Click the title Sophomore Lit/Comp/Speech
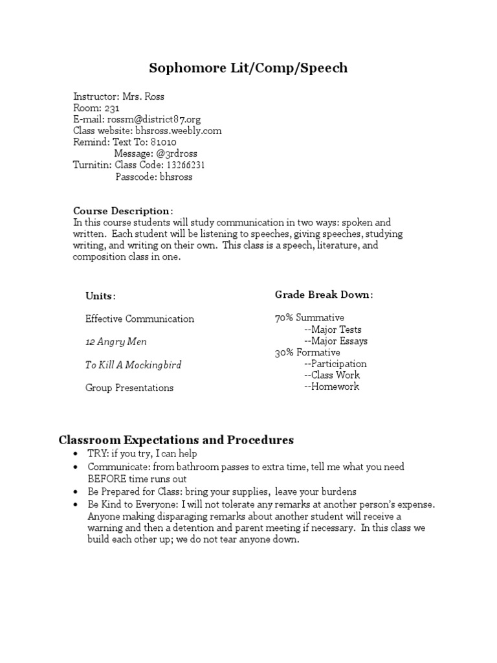coord(248,68)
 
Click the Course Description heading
coord(122,211)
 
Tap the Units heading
coord(101,296)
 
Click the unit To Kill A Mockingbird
coord(133,365)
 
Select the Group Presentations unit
coord(129,388)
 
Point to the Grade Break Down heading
coord(324,295)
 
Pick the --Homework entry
coord(331,387)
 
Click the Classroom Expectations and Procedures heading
coord(176,440)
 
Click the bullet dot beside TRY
coord(76,455)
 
